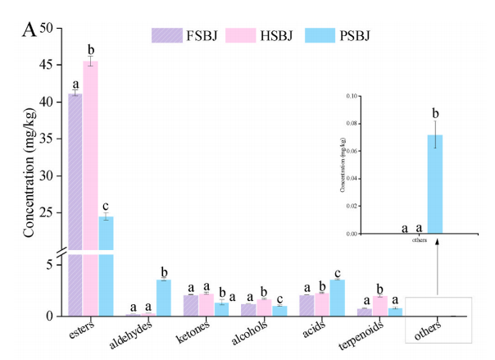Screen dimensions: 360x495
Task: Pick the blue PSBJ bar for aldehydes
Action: coord(164,298)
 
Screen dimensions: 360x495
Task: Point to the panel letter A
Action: coord(29,31)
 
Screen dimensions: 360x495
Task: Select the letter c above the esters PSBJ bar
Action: coord(106,205)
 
